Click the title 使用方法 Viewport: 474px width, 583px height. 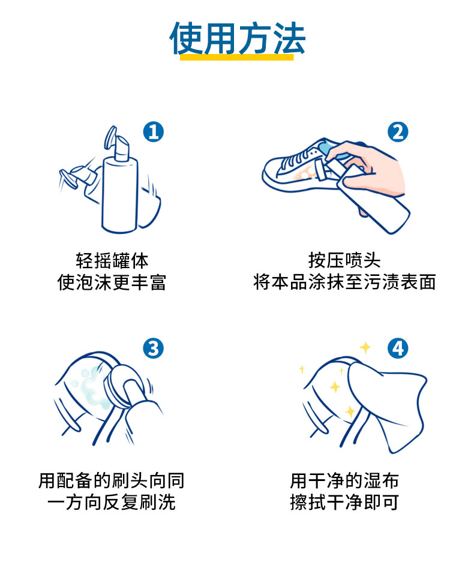pos(238,38)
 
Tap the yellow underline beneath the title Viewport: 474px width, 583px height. pos(236,57)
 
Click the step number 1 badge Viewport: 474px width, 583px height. pos(153,131)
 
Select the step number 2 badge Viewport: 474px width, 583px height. pos(398,131)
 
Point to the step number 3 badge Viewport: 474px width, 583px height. pos(153,348)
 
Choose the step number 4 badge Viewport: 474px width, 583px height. pos(398,348)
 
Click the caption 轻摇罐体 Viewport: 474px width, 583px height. pos(112,261)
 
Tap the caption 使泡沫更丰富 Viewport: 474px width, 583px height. pos(112,283)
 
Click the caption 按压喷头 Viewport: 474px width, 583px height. pos(344,260)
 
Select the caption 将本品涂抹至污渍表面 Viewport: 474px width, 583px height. pos(344,283)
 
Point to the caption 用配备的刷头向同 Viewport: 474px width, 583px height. pos(112,480)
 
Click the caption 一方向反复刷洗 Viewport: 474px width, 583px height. pos(112,502)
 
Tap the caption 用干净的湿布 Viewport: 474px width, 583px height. pos(344,480)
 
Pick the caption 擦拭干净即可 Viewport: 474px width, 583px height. pos(344,502)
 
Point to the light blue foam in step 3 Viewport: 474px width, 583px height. pos(93,387)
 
